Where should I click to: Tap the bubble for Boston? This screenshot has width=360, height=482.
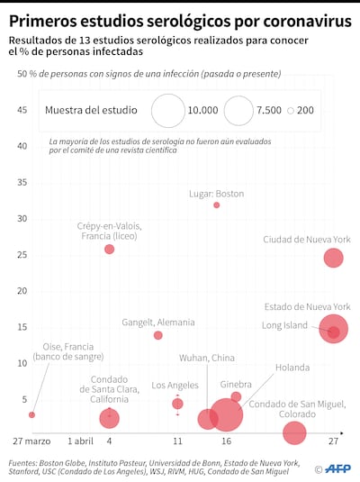pyautogui.click(x=216, y=205)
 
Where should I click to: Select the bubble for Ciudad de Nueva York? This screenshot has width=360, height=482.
pyautogui.click(x=334, y=259)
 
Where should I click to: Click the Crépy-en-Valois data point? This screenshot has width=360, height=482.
pyautogui.click(x=110, y=249)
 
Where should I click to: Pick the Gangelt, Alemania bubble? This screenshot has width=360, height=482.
pyautogui.click(x=158, y=335)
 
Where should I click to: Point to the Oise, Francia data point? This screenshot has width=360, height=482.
pyautogui.click(x=31, y=414)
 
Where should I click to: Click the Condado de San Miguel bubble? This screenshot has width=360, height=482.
pyautogui.click(x=294, y=432)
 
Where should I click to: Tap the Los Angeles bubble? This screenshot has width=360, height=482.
pyautogui.click(x=178, y=404)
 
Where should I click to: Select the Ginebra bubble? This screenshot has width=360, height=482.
pyautogui.click(x=236, y=397)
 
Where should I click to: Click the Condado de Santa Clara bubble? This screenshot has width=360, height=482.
pyautogui.click(x=110, y=418)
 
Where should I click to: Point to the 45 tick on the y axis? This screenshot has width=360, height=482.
pyautogui.click(x=22, y=110)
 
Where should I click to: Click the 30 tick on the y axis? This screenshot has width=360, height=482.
pyautogui.click(x=22, y=219)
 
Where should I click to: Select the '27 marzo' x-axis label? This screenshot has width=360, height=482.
pyautogui.click(x=31, y=441)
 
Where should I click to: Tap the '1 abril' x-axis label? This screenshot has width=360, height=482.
pyautogui.click(x=80, y=441)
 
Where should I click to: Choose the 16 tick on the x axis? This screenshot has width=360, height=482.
pyautogui.click(x=226, y=441)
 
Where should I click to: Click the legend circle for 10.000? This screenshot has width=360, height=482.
pyautogui.click(x=167, y=110)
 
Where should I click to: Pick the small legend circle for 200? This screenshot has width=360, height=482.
pyautogui.click(x=291, y=110)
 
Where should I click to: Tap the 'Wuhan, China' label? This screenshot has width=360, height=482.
pyautogui.click(x=206, y=358)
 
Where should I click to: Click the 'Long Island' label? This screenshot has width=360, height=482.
pyautogui.click(x=284, y=325)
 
